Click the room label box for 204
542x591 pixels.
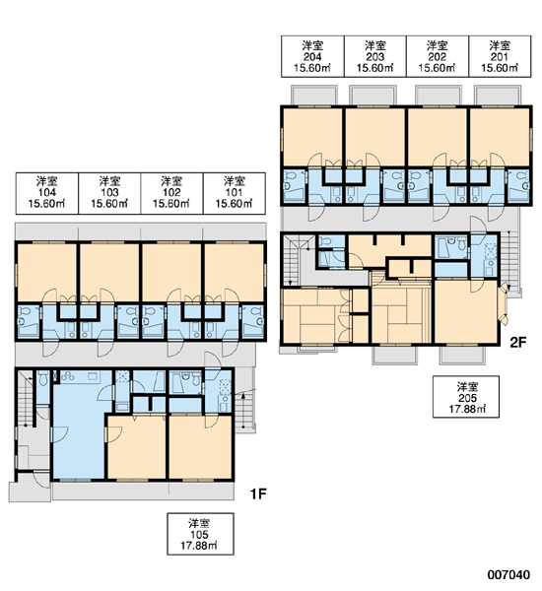pos(312,56)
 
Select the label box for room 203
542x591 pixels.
pos(375,56)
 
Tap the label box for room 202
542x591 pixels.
pos(438,56)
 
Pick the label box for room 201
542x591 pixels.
pos(501,56)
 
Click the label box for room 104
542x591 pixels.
pos(47,193)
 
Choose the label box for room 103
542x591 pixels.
pos(109,193)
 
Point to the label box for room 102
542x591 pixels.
pos(172,193)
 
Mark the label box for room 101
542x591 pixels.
pos(235,193)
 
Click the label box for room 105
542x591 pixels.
pos(200,534)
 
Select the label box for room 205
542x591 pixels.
pos(466,397)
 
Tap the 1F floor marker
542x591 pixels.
pos(259,493)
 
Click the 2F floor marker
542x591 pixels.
pos(517,342)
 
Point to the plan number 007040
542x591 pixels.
pos(508,574)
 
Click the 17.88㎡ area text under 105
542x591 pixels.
pos(199,546)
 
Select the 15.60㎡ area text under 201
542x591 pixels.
pos(500,68)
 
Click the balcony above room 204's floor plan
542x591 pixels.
pos(314,95)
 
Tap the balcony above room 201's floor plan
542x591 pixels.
pos(498,95)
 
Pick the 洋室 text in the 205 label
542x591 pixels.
pos(467,387)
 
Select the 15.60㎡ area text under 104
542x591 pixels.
pos(46,204)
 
